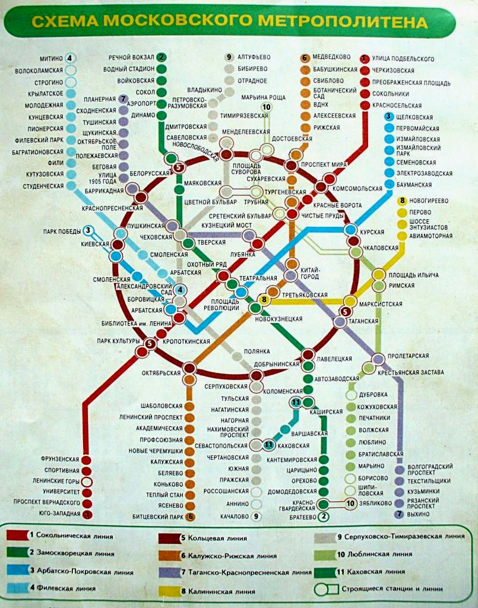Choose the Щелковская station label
417,117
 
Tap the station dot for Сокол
161,92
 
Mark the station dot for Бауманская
390,185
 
